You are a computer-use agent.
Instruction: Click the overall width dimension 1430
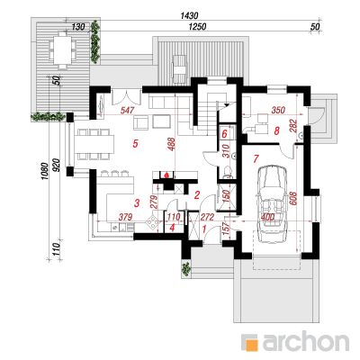(190, 15)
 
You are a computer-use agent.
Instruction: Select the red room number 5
(135, 144)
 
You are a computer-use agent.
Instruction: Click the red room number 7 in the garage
(256, 158)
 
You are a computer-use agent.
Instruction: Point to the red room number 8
(277, 130)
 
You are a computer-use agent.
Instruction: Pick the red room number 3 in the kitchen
(137, 203)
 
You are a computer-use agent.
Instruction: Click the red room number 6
(224, 134)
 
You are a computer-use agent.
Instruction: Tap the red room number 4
(172, 228)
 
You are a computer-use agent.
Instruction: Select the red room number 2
(197, 195)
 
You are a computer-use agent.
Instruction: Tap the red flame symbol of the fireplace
(166, 175)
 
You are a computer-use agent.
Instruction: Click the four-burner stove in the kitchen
(153, 223)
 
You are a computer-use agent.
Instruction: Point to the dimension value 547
(127, 110)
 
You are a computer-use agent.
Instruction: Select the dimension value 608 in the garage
(293, 199)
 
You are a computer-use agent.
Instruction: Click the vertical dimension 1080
(45, 171)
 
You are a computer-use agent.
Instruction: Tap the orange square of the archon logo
(250, 343)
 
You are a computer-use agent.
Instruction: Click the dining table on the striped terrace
(63, 49)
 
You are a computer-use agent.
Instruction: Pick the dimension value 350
(278, 110)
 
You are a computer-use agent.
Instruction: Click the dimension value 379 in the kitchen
(125, 217)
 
